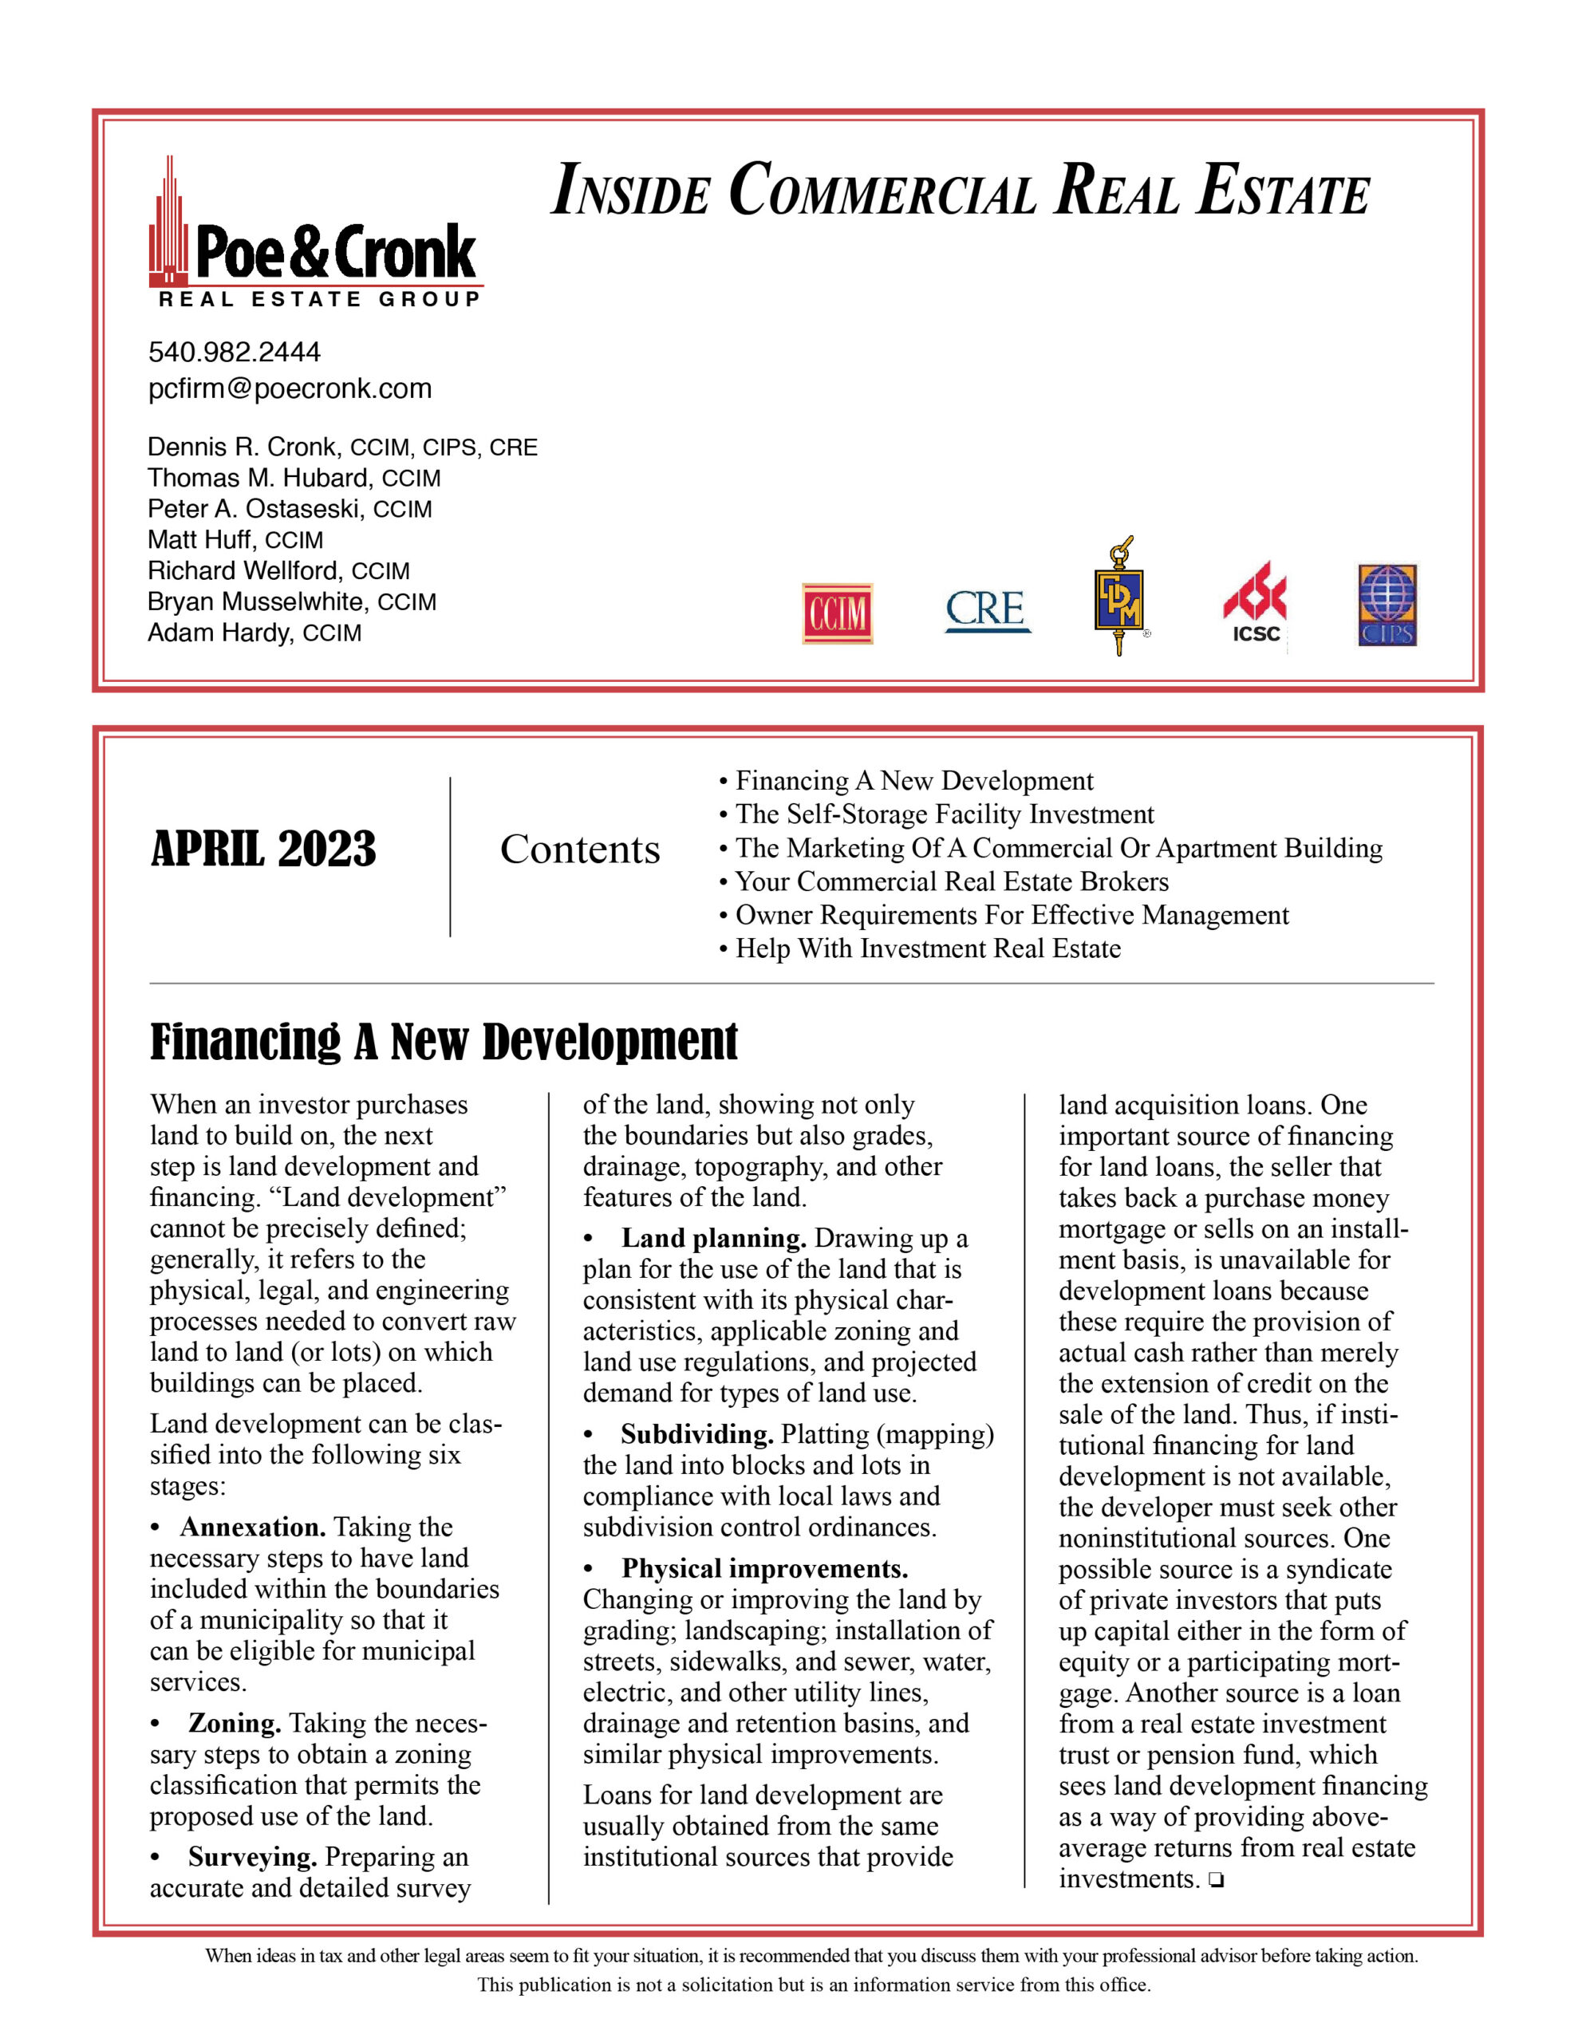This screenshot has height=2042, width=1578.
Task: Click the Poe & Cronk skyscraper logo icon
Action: coord(169,224)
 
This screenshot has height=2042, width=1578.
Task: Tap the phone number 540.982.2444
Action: coord(234,353)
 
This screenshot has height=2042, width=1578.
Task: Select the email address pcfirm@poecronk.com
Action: coord(290,389)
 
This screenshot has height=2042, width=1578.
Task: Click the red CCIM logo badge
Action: coord(836,613)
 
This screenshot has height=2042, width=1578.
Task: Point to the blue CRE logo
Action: coord(987,610)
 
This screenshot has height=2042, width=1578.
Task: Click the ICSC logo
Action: coord(1255,604)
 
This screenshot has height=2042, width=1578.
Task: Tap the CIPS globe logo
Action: coord(1387,605)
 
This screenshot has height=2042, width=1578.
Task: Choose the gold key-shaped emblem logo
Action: coord(1118,596)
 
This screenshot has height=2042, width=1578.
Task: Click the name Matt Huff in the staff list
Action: coord(199,539)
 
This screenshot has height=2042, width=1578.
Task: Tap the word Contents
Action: coord(580,849)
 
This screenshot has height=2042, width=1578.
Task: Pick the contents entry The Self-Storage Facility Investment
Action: coord(944,814)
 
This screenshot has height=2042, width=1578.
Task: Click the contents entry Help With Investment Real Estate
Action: coord(927,949)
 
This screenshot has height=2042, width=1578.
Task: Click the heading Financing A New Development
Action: coord(444,1042)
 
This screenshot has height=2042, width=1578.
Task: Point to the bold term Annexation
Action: coord(253,1528)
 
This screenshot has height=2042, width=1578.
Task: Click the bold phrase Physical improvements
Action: coord(764,1569)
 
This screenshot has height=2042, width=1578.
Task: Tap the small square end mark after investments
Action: coord(1215,1880)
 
